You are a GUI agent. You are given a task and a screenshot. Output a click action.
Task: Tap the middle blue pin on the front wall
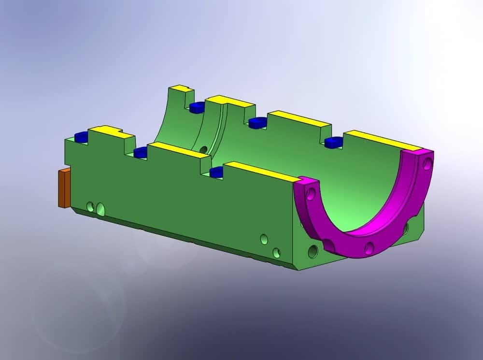[140, 153]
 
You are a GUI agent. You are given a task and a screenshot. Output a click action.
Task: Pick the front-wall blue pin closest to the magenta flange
[216, 171]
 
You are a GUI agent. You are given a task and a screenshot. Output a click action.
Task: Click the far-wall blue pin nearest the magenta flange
[333, 142]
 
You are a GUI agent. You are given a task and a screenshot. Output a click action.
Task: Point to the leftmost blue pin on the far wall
[198, 107]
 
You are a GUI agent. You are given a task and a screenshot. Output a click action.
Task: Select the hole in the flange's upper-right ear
[426, 165]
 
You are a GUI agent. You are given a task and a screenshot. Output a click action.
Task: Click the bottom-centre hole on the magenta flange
[369, 248]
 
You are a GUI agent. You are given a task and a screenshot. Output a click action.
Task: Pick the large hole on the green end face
[312, 251]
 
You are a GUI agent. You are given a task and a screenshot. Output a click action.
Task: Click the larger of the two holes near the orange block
[100, 209]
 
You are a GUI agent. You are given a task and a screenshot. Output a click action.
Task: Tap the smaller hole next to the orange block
[90, 207]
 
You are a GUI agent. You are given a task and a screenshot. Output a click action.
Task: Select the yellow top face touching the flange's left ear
[261, 172]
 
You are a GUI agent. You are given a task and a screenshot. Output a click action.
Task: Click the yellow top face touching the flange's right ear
[382, 140]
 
